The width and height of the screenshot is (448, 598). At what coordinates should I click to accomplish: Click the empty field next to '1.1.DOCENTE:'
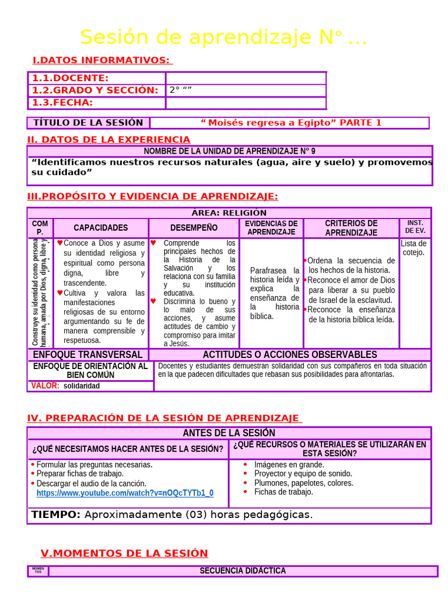(x=246, y=78)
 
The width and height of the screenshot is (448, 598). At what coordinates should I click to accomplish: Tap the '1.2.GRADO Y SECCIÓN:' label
(x=95, y=91)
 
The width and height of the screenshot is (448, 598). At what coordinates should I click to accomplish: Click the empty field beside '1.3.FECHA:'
(x=246, y=103)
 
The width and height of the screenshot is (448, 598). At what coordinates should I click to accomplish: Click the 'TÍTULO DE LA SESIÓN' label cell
(x=88, y=123)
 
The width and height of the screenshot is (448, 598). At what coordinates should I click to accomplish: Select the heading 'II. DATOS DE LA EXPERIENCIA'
(x=108, y=140)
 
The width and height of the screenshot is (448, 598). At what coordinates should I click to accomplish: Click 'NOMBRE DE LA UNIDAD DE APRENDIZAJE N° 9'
(x=229, y=151)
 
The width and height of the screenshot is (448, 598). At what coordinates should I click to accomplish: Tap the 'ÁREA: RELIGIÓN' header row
(x=229, y=213)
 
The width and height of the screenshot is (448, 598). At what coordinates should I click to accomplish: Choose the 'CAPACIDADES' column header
(x=100, y=228)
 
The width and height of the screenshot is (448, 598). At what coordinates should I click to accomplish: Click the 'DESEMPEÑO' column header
(x=194, y=228)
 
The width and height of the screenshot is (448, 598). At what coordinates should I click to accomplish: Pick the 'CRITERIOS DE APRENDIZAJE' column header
(x=351, y=228)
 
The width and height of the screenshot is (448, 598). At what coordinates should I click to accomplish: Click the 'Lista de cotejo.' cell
(x=414, y=248)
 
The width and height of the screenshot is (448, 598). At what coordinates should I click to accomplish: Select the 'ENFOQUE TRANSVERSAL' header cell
(x=87, y=354)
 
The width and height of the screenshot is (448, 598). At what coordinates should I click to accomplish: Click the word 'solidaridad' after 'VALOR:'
(x=82, y=386)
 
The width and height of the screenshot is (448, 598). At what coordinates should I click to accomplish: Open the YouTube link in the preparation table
(x=125, y=493)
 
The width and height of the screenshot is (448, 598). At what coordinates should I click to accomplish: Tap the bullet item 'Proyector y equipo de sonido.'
(x=303, y=474)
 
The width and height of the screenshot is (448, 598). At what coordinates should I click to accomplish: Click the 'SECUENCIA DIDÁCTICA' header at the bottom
(x=243, y=571)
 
